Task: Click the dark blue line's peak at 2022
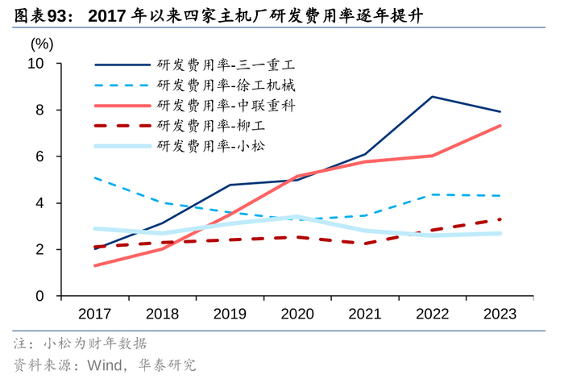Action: coord(433,97)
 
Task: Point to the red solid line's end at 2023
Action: coord(500,126)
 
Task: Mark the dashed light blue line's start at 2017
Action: coord(95,177)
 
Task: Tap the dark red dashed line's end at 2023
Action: coord(500,219)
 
